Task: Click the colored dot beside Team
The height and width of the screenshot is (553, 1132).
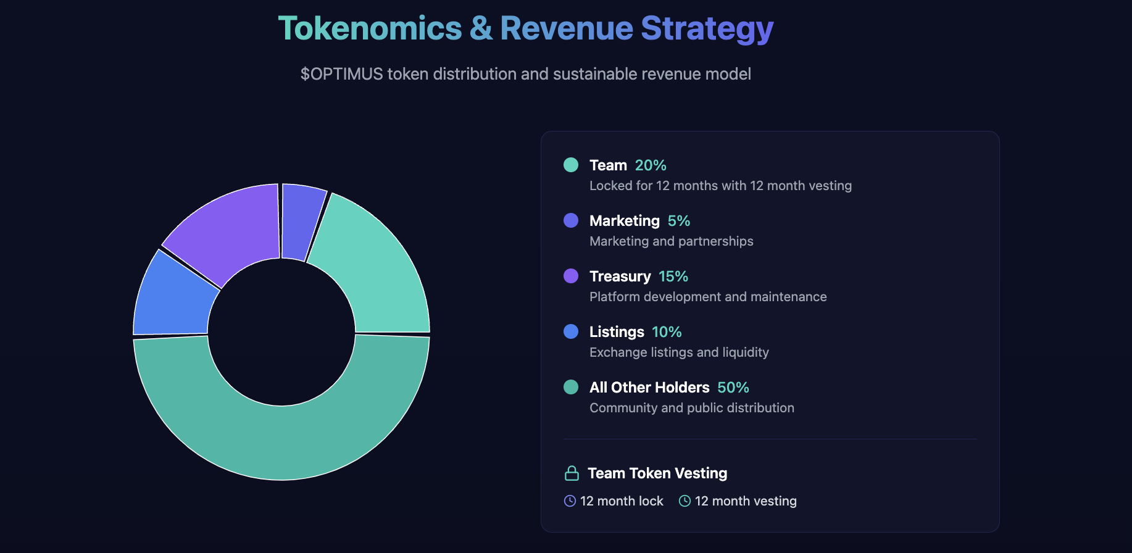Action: (x=571, y=165)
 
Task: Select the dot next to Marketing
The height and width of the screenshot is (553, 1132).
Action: (x=571, y=220)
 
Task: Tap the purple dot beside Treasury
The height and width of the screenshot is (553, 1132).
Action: (x=571, y=276)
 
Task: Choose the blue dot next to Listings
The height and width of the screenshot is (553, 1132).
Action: (x=571, y=331)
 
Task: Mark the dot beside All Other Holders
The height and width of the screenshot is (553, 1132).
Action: (x=571, y=387)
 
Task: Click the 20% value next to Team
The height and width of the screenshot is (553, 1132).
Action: (x=651, y=165)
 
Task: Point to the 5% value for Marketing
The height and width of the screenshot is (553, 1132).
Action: (x=679, y=221)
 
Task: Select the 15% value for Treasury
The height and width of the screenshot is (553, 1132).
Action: (x=673, y=276)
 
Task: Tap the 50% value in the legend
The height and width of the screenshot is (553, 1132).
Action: (x=733, y=388)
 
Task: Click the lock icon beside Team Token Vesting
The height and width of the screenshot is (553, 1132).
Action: (x=572, y=473)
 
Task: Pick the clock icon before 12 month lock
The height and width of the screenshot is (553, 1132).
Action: (x=570, y=501)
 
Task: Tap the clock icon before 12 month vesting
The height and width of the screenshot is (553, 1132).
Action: (x=685, y=501)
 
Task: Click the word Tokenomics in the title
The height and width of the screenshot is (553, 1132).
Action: (x=370, y=28)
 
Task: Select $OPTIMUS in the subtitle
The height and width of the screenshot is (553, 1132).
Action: (x=341, y=74)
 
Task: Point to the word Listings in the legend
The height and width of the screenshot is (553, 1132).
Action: (x=617, y=332)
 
